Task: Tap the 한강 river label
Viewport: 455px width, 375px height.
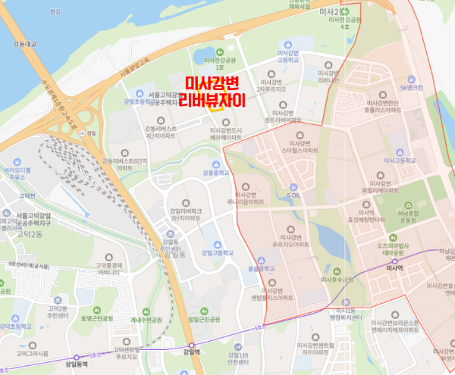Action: (x=54, y=12)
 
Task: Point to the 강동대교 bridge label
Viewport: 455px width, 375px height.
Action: (x=14, y=45)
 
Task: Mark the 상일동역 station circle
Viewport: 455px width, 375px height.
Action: (x=76, y=358)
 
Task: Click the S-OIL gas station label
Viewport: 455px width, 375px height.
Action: (x=298, y=194)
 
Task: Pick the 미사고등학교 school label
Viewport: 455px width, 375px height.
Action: (x=400, y=161)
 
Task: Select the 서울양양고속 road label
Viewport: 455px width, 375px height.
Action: (x=137, y=67)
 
